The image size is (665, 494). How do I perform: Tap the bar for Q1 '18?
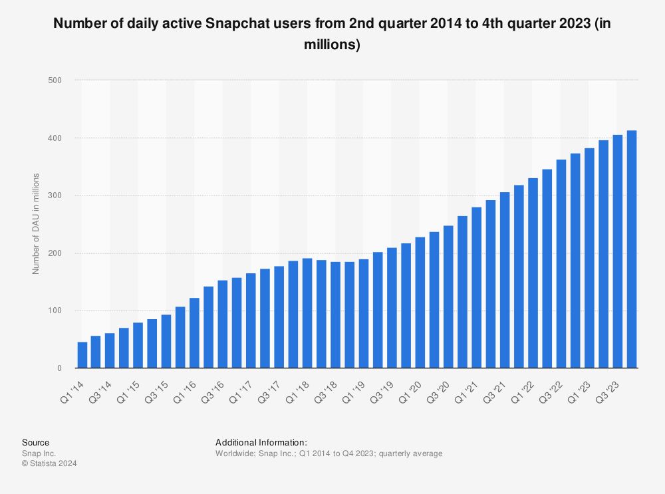point(307,313)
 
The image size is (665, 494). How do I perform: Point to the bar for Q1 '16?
point(195,333)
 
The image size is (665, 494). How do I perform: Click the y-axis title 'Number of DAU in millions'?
point(36,223)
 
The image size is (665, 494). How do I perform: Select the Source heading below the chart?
point(35,442)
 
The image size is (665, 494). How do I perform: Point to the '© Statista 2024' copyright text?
point(49,464)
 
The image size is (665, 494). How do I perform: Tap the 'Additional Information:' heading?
point(261,442)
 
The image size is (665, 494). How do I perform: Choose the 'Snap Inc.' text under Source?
point(37,453)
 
